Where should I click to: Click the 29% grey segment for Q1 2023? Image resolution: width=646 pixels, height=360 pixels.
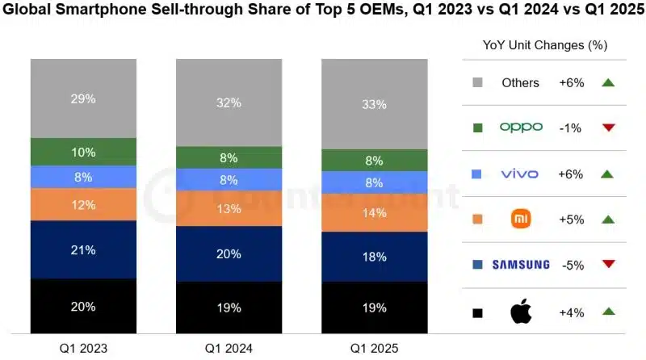point(83,98)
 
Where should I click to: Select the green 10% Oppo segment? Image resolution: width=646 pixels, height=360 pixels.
point(83,152)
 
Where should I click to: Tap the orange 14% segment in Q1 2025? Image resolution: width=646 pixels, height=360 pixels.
point(375,212)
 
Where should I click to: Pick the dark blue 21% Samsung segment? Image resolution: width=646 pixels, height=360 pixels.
point(83,249)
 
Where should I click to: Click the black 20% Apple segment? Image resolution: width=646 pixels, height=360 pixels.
point(83,306)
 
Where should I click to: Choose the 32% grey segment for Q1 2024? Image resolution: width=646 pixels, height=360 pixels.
point(229,103)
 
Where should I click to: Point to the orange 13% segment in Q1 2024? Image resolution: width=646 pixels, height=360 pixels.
point(229,208)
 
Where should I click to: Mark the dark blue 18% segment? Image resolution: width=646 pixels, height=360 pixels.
point(375,257)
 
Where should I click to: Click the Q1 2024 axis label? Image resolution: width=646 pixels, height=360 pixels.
point(229,349)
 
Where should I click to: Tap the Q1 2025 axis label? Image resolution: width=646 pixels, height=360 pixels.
point(375,349)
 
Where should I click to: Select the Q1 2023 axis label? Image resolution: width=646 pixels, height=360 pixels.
point(83,349)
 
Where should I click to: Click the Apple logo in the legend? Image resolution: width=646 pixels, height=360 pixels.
point(521,312)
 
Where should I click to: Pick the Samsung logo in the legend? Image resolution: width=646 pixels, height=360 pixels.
point(521,265)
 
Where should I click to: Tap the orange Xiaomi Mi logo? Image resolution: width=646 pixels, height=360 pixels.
point(521,219)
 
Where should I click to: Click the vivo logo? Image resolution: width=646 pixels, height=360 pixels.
point(519,174)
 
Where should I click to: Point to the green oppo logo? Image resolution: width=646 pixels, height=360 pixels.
point(521,128)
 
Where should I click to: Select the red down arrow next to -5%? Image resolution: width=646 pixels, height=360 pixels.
point(609,264)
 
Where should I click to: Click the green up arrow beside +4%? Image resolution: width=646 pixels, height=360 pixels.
point(609,311)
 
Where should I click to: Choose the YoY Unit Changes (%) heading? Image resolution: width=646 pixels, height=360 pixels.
point(545,45)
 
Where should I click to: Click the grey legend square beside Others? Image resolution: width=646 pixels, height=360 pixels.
point(477,82)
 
